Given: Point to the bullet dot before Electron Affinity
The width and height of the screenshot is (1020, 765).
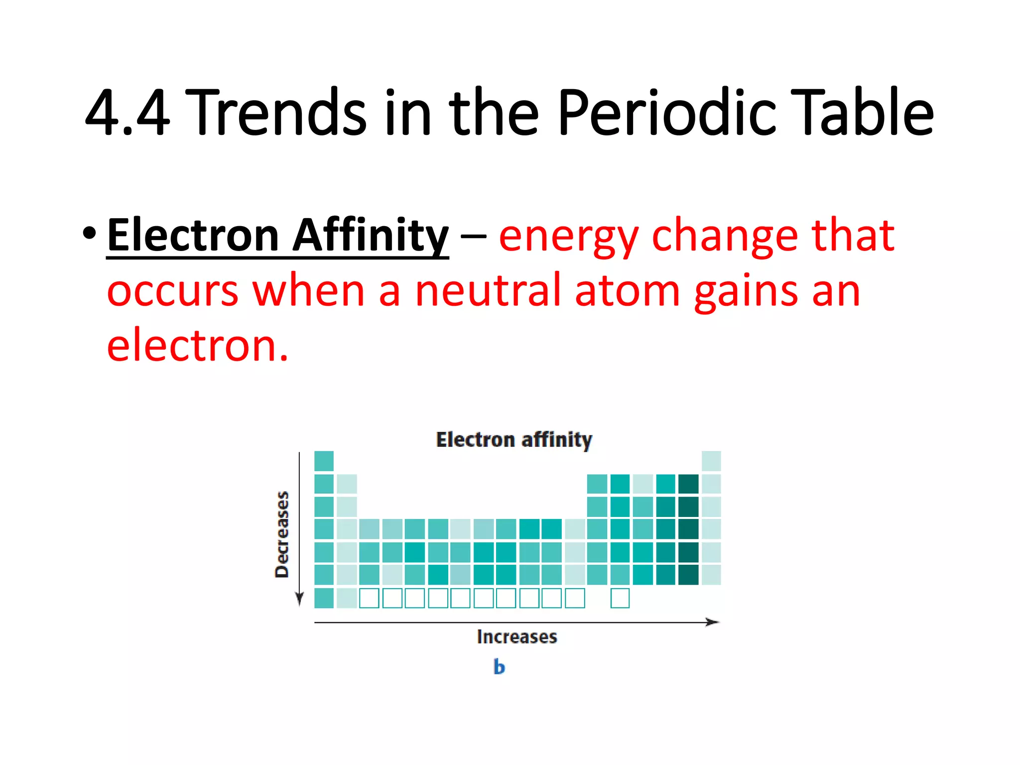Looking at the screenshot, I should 89,234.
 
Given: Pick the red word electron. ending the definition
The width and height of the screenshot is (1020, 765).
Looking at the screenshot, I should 197,346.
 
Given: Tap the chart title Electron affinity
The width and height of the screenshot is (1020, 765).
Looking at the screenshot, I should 514,440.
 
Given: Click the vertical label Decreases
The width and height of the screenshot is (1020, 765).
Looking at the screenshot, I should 282,534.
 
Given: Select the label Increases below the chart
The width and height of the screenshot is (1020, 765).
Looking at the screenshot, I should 517,637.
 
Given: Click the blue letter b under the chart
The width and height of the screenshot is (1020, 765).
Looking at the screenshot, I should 499,667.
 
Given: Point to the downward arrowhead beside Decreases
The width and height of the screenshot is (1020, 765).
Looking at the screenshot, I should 299,599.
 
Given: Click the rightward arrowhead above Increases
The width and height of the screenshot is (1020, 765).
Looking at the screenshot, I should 713,622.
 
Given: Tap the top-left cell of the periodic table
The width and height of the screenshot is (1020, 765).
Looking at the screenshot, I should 324,461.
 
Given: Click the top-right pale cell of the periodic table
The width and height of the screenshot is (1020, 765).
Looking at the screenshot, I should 711,461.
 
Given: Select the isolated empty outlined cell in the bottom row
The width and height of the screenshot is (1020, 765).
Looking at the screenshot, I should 620,598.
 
